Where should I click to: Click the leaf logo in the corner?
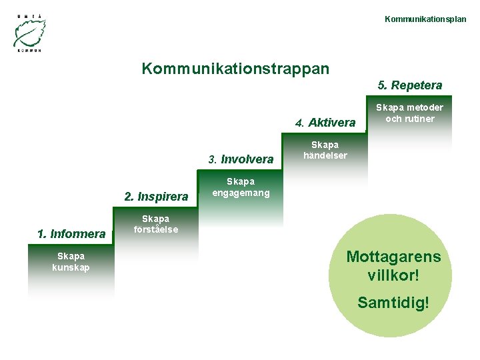[x=29, y=31]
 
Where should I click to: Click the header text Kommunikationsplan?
[x=425, y=19]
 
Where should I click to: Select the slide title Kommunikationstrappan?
[x=235, y=69]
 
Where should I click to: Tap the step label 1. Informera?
[x=71, y=233]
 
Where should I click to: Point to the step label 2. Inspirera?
[x=156, y=197]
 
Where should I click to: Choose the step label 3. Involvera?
[x=241, y=159]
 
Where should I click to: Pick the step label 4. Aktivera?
[x=325, y=123]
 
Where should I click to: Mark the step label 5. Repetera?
[x=409, y=85]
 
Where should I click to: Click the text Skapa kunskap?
[x=71, y=262]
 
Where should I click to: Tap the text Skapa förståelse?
[x=155, y=225]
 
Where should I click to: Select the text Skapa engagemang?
[x=241, y=187]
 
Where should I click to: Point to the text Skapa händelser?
[x=325, y=150]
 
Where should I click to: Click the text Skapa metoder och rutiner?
[x=409, y=113]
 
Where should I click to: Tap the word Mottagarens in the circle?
[x=393, y=257]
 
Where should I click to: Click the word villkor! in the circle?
[x=393, y=275]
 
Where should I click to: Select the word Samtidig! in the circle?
[x=393, y=303]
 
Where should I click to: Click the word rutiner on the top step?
[x=419, y=119]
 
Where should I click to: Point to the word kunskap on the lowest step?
[x=71, y=268]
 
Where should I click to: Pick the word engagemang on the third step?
[x=241, y=193]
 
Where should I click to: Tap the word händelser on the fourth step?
[x=325, y=156]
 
